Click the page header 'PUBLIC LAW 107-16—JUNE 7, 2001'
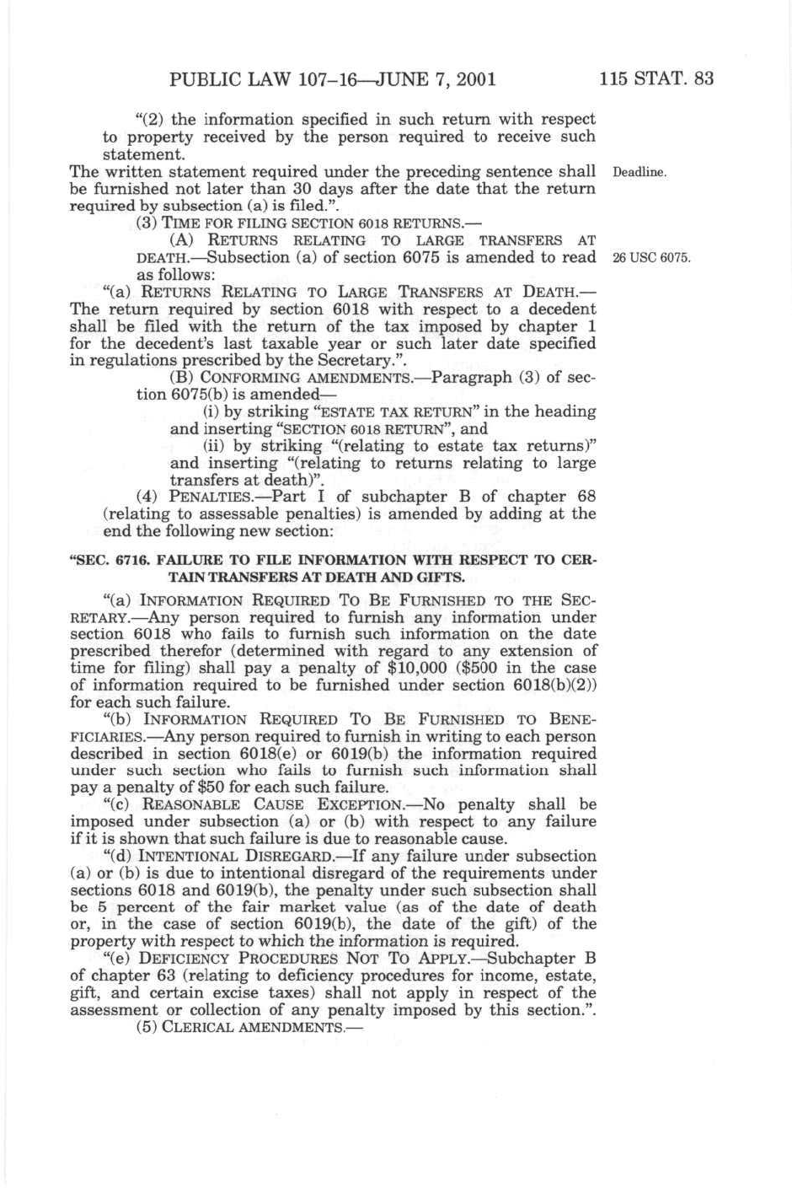(332, 80)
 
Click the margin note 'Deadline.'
(639, 173)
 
